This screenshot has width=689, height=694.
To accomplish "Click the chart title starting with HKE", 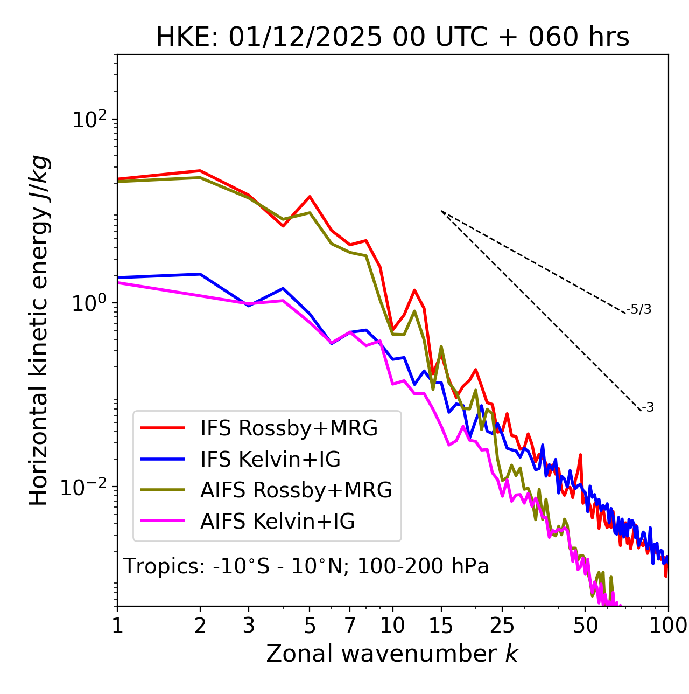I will click(392, 37).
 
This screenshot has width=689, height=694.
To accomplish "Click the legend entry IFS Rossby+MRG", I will click(289, 428).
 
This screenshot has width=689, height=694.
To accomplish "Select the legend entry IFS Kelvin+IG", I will click(270, 459).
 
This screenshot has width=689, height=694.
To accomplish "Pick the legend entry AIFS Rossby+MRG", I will click(296, 490).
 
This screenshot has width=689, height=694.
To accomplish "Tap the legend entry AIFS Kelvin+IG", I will click(277, 521).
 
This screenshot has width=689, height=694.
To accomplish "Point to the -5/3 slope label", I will click(639, 309).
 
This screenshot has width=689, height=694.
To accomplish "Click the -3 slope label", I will click(648, 408).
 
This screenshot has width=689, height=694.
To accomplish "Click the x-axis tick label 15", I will click(441, 626).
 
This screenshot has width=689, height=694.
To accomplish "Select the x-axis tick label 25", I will click(502, 626).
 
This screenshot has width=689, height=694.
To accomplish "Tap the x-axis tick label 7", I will click(350, 626).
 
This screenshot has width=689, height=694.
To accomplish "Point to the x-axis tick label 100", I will click(668, 626).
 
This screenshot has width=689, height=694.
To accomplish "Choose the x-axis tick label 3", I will click(249, 626).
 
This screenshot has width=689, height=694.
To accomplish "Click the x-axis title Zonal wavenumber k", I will click(392, 654).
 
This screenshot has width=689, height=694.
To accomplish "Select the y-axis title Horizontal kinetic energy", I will click(39, 330).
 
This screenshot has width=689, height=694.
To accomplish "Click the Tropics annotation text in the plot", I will click(306, 566).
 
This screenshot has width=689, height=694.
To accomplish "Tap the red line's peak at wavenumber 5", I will click(310, 196).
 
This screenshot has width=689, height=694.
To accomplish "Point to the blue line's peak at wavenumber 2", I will click(200, 274).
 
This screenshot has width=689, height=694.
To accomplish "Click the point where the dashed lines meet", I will click(441, 211).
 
